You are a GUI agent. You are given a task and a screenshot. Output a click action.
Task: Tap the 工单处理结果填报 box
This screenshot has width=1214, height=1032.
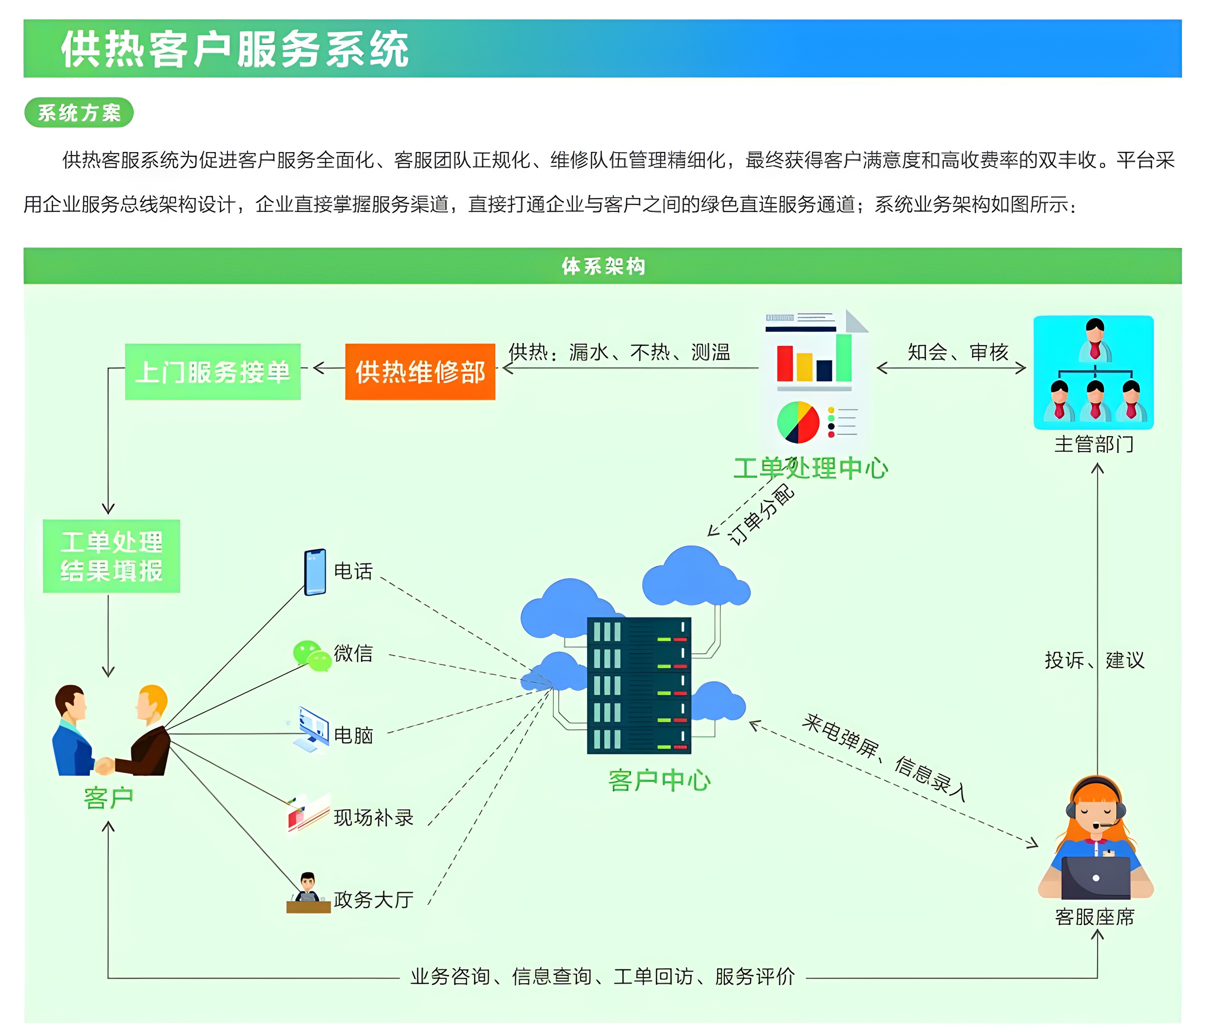coord(111,556)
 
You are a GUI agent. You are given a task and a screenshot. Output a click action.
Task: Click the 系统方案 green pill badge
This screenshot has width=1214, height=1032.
coord(79,112)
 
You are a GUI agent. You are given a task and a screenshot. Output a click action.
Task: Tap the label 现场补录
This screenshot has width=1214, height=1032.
coord(373,817)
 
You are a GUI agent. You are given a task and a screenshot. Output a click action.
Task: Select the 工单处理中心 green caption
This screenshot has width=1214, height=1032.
coord(810,468)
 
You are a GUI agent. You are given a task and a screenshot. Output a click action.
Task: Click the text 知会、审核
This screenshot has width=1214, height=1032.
coord(958,352)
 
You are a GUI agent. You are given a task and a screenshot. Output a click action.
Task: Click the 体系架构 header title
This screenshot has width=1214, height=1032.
coord(603,266)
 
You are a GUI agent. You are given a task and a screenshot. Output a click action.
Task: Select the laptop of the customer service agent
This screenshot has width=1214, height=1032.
coord(1095,878)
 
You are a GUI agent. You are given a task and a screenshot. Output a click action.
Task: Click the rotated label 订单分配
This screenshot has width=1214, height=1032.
coord(760,515)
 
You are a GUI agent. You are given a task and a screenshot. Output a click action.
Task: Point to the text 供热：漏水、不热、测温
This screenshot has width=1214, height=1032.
coord(619,352)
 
